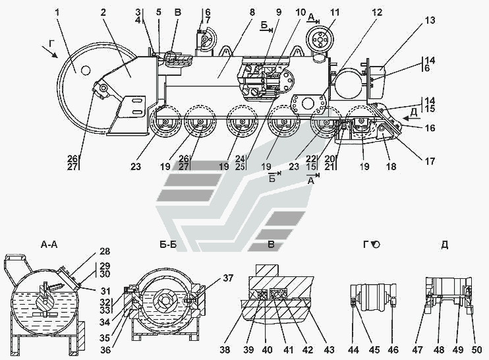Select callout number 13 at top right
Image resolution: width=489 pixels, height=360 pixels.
[x=430, y=20]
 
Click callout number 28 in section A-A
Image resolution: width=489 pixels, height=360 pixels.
[x=105, y=251]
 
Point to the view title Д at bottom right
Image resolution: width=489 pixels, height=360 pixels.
[x=445, y=245]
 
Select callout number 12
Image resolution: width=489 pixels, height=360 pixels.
[x=375, y=12]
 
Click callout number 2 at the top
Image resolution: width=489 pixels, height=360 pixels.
[x=103, y=12]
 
